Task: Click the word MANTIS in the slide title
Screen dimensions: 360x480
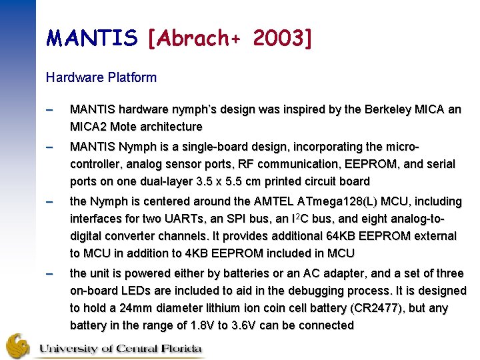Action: coord(91,38)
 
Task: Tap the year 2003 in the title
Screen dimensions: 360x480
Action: coord(276,38)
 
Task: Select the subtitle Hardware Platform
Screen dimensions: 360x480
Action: coord(101,77)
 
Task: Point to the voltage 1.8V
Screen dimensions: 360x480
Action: coord(198,325)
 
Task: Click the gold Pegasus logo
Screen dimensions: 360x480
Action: coord(18,345)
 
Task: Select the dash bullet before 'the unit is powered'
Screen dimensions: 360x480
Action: coord(50,273)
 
